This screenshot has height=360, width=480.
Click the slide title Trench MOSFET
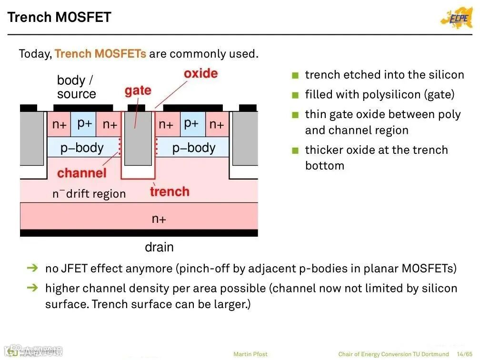pyautogui.click(x=60, y=18)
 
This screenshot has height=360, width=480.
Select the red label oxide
pyautogui.click(x=200, y=74)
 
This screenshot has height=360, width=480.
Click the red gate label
pyautogui.click(x=138, y=90)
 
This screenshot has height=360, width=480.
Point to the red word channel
pyautogui.click(x=81, y=173)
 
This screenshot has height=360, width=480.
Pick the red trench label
pyautogui.click(x=170, y=192)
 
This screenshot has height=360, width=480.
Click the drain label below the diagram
pyautogui.click(x=159, y=247)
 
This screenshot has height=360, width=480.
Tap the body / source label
pyautogui.click(x=76, y=87)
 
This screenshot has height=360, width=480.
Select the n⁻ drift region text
pyautogui.click(x=89, y=194)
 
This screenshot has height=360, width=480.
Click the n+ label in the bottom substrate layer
pyautogui.click(x=159, y=219)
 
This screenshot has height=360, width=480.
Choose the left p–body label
pyautogui.click(x=82, y=148)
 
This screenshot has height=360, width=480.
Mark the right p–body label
pyautogui.click(x=194, y=148)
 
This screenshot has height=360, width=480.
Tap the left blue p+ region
pyautogui.click(x=84, y=123)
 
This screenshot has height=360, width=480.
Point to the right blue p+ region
pyautogui.click(x=191, y=123)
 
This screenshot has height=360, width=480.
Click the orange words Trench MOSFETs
pyautogui.click(x=100, y=54)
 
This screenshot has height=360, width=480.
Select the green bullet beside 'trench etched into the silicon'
pyautogui.click(x=295, y=75)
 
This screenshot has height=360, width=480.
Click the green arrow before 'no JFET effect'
pyautogui.click(x=32, y=269)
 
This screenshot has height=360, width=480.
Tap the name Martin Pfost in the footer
pyautogui.click(x=250, y=354)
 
